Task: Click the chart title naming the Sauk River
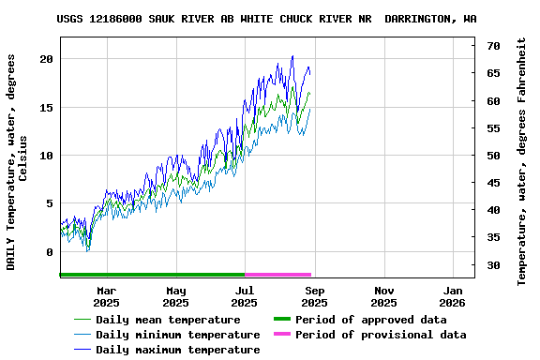[266, 19]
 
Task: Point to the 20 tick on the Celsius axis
[46, 59]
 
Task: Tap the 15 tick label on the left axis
[46, 107]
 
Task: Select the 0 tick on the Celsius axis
[50, 252]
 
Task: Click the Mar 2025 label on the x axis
[106, 296]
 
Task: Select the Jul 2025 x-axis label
[244, 296]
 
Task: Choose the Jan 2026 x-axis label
[452, 296]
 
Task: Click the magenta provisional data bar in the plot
[277, 275]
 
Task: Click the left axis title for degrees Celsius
[18, 161]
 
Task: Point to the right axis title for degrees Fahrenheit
[522, 161]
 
